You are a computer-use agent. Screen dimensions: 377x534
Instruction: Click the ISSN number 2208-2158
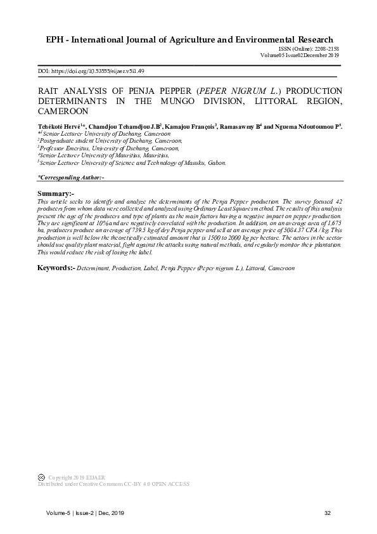coord(327,49)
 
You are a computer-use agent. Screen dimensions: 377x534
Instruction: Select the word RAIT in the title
coord(50,91)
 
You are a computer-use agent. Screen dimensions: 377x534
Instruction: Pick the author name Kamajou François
coord(193,127)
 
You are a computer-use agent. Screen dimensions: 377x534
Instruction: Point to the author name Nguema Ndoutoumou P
coord(305,127)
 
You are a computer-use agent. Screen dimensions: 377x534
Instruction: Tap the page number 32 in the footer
coord(328,512)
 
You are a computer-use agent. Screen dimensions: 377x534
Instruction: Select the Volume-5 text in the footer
coord(57,512)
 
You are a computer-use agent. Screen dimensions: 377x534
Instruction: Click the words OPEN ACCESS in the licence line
coord(170,484)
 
